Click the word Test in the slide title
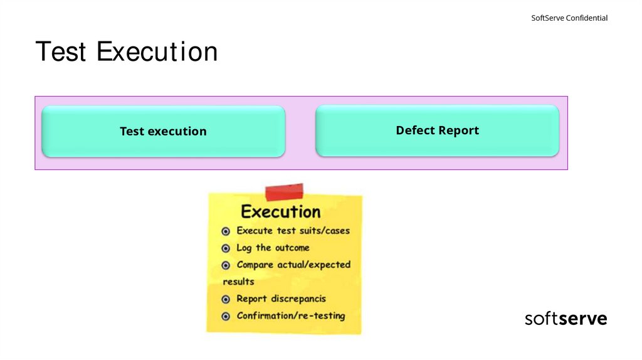coord(61,52)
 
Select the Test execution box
coord(163,131)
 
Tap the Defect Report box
coord(437,130)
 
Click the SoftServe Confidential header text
coord(569,18)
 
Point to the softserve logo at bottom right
coord(566,319)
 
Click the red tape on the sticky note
coord(284,192)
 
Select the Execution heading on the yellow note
coord(280,211)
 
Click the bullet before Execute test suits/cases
coord(226,231)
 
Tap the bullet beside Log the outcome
coord(226,248)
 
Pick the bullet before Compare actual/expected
coord(226,265)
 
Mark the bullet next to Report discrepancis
coord(226,299)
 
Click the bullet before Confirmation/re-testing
coord(226,316)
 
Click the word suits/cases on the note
coord(324,231)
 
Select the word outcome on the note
coord(292,248)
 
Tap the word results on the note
coord(239,282)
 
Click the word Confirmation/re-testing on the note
coord(291,315)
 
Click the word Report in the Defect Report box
coord(460,130)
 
